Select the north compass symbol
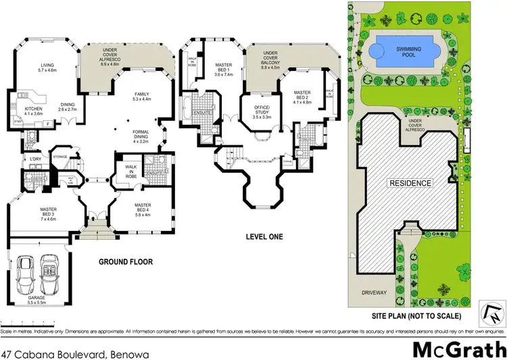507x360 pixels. [x=491, y=311]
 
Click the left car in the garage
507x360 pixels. [x=27, y=274]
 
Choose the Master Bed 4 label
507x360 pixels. [x=143, y=208]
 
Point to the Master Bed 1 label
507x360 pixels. [x=224, y=68]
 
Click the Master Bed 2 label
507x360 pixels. [x=301, y=99]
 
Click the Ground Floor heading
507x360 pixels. [x=126, y=261]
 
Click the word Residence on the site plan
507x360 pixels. [x=409, y=184]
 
